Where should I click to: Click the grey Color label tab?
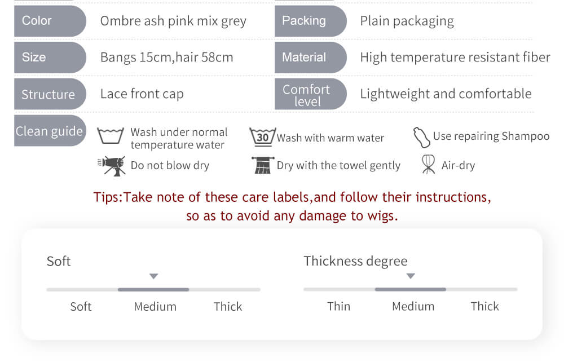click(x=50, y=21)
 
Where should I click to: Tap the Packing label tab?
click(x=310, y=21)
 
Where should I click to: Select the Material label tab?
click(x=310, y=58)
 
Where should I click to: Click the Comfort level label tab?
click(x=310, y=94)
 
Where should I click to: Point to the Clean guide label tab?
click(x=50, y=131)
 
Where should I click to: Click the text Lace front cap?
click(x=142, y=94)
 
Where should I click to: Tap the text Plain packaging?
click(x=407, y=21)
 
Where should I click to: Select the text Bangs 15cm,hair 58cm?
click(x=166, y=58)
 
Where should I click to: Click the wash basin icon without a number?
click(x=111, y=136)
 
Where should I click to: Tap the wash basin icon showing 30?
click(x=263, y=136)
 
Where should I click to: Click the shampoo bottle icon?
click(x=421, y=138)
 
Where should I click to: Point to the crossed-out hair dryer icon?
click(x=112, y=166)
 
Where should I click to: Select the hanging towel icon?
click(x=263, y=165)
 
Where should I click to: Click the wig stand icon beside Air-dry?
click(x=428, y=164)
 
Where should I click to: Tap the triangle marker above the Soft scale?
click(x=154, y=276)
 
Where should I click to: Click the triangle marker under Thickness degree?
click(x=411, y=276)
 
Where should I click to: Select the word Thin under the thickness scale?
click(x=338, y=306)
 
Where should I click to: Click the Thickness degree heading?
click(x=355, y=261)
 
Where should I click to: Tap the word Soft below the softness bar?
click(x=81, y=307)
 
